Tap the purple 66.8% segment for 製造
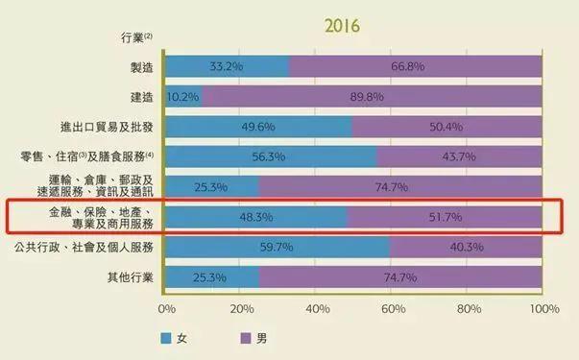[x=416, y=66]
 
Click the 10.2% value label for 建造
[x=183, y=96]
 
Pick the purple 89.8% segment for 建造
[x=373, y=96]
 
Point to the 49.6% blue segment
[x=257, y=127]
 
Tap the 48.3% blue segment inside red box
[x=255, y=217]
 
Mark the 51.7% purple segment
[x=445, y=217]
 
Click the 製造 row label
[x=140, y=66]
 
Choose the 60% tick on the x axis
[x=392, y=309]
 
